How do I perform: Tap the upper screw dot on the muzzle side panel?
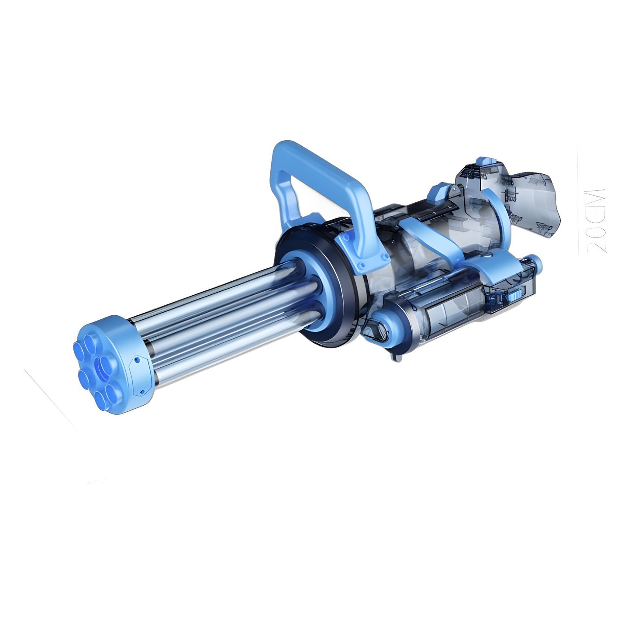(137, 360)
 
